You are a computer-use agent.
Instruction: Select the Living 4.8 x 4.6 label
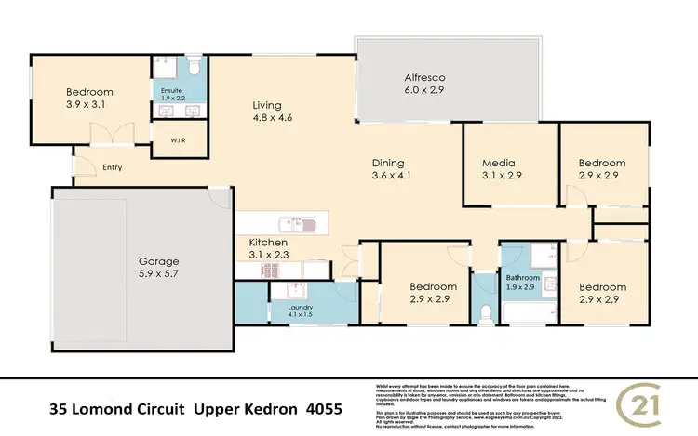272,112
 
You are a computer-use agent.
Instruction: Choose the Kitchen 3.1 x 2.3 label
266,247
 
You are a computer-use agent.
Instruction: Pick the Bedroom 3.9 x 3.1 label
89,99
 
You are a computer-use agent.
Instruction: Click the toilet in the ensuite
194,68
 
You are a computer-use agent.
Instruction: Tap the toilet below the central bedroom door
484,310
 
